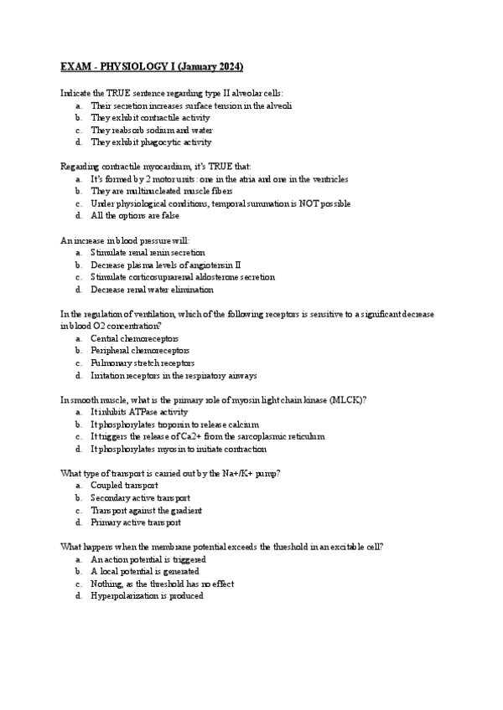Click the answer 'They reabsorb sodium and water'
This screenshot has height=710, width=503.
point(151,130)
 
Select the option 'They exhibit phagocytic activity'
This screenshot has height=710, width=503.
point(151,142)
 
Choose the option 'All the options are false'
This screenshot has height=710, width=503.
point(135,215)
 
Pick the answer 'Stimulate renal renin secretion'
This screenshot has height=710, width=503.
point(148,252)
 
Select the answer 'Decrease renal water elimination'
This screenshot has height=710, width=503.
point(152,289)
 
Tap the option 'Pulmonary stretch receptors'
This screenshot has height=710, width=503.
point(143,363)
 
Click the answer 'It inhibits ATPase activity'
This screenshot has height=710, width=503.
point(139,412)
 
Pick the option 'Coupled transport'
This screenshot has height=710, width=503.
point(124,486)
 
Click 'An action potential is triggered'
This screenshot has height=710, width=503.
point(148,559)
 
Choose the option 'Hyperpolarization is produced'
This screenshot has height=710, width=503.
point(147,596)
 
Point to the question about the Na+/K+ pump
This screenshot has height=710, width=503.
point(170,473)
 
